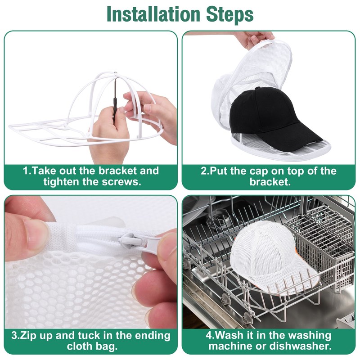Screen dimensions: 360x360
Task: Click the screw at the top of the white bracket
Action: click(115, 73)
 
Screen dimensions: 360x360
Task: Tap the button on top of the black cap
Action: click(258, 88)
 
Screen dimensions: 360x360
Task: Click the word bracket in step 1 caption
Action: click(117, 171)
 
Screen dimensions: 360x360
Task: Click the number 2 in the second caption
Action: click(204, 171)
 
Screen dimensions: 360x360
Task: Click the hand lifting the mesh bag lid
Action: click(255, 39)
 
